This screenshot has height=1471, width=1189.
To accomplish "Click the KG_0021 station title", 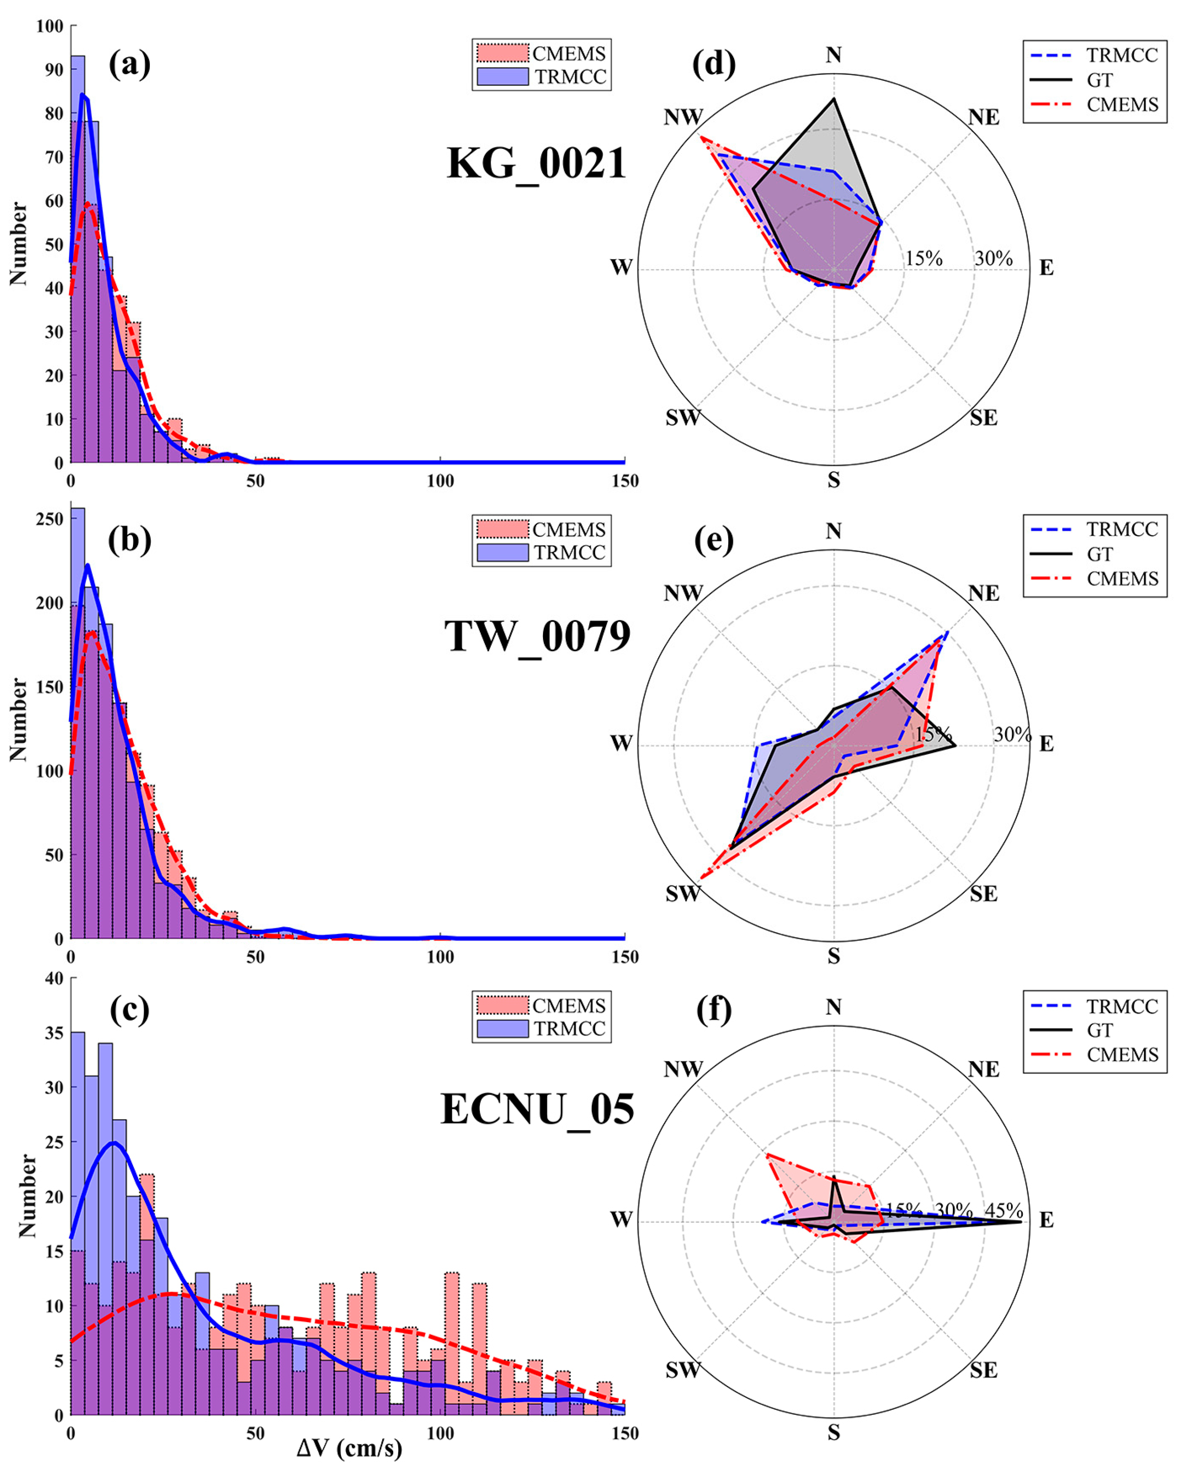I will click(x=536, y=164).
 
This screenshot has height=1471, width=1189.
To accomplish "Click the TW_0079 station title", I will click(x=537, y=636).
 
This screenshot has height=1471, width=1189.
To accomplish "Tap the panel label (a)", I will click(x=129, y=64).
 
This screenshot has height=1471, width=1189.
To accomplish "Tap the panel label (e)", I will click(x=714, y=540).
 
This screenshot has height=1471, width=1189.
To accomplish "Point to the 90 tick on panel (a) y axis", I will click(x=54, y=69).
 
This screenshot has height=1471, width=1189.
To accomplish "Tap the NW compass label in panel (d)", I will click(x=683, y=117).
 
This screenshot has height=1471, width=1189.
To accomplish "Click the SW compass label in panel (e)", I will click(x=683, y=894).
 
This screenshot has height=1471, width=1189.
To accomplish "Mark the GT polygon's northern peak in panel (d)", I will click(x=834, y=99).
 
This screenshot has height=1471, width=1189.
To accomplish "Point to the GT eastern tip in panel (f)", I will click(x=1021, y=1221).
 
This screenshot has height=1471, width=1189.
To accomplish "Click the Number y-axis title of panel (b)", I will click(x=19, y=719).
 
